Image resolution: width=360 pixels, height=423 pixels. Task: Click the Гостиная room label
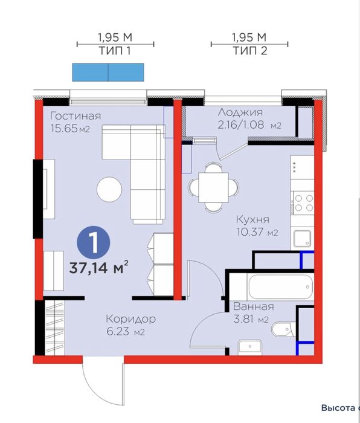click(76, 116)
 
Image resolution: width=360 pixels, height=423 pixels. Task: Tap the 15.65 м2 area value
click(70, 128)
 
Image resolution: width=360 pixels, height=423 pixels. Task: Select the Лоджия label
click(240, 112)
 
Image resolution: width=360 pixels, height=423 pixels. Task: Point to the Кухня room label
click(252, 219)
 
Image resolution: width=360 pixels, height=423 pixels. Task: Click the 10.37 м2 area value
click(257, 231)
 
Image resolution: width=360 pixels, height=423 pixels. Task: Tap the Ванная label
click(254, 306)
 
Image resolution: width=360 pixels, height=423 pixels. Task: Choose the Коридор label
click(131, 318)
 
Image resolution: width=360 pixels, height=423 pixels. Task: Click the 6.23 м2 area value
click(126, 331)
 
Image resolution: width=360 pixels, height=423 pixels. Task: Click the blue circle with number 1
click(94, 242)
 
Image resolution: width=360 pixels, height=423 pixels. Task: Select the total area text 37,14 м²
click(98, 268)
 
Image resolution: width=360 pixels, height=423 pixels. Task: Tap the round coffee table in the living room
click(109, 189)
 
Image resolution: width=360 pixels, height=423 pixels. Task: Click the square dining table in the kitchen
click(213, 187)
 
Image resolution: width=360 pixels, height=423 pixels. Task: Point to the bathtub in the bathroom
click(280, 286)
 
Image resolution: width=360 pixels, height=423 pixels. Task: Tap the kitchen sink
click(302, 239)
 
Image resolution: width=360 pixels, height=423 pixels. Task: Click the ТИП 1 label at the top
click(115, 50)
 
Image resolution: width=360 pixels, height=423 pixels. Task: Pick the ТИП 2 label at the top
click(250, 50)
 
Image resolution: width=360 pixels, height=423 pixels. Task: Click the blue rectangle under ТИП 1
click(108, 73)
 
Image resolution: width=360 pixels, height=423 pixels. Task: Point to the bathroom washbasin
click(250, 347)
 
